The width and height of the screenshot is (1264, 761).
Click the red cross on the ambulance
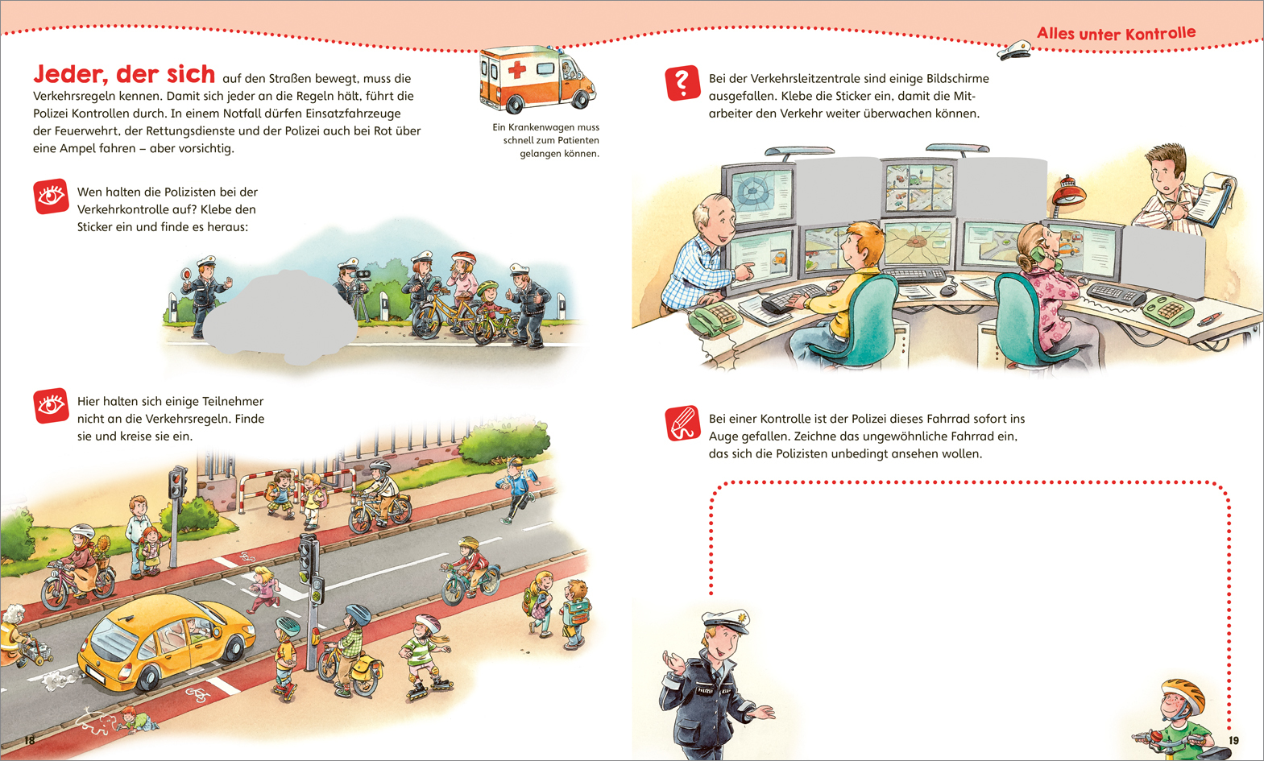click(517, 70)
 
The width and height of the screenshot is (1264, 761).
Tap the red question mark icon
click(682, 84)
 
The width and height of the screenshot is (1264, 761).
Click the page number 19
click(1233, 740)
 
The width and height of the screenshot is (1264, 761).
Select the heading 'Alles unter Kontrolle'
click(1116, 33)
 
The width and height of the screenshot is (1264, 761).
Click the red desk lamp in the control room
click(1067, 192)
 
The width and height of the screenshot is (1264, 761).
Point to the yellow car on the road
click(167, 639)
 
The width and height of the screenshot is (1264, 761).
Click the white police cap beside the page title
click(1014, 50)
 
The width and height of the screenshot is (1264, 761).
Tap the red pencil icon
click(682, 424)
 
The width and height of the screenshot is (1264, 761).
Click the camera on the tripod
click(362, 275)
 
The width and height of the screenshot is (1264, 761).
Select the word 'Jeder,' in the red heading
click(71, 74)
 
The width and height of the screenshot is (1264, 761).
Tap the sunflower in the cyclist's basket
click(102, 544)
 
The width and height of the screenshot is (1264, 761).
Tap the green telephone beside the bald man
click(714, 319)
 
